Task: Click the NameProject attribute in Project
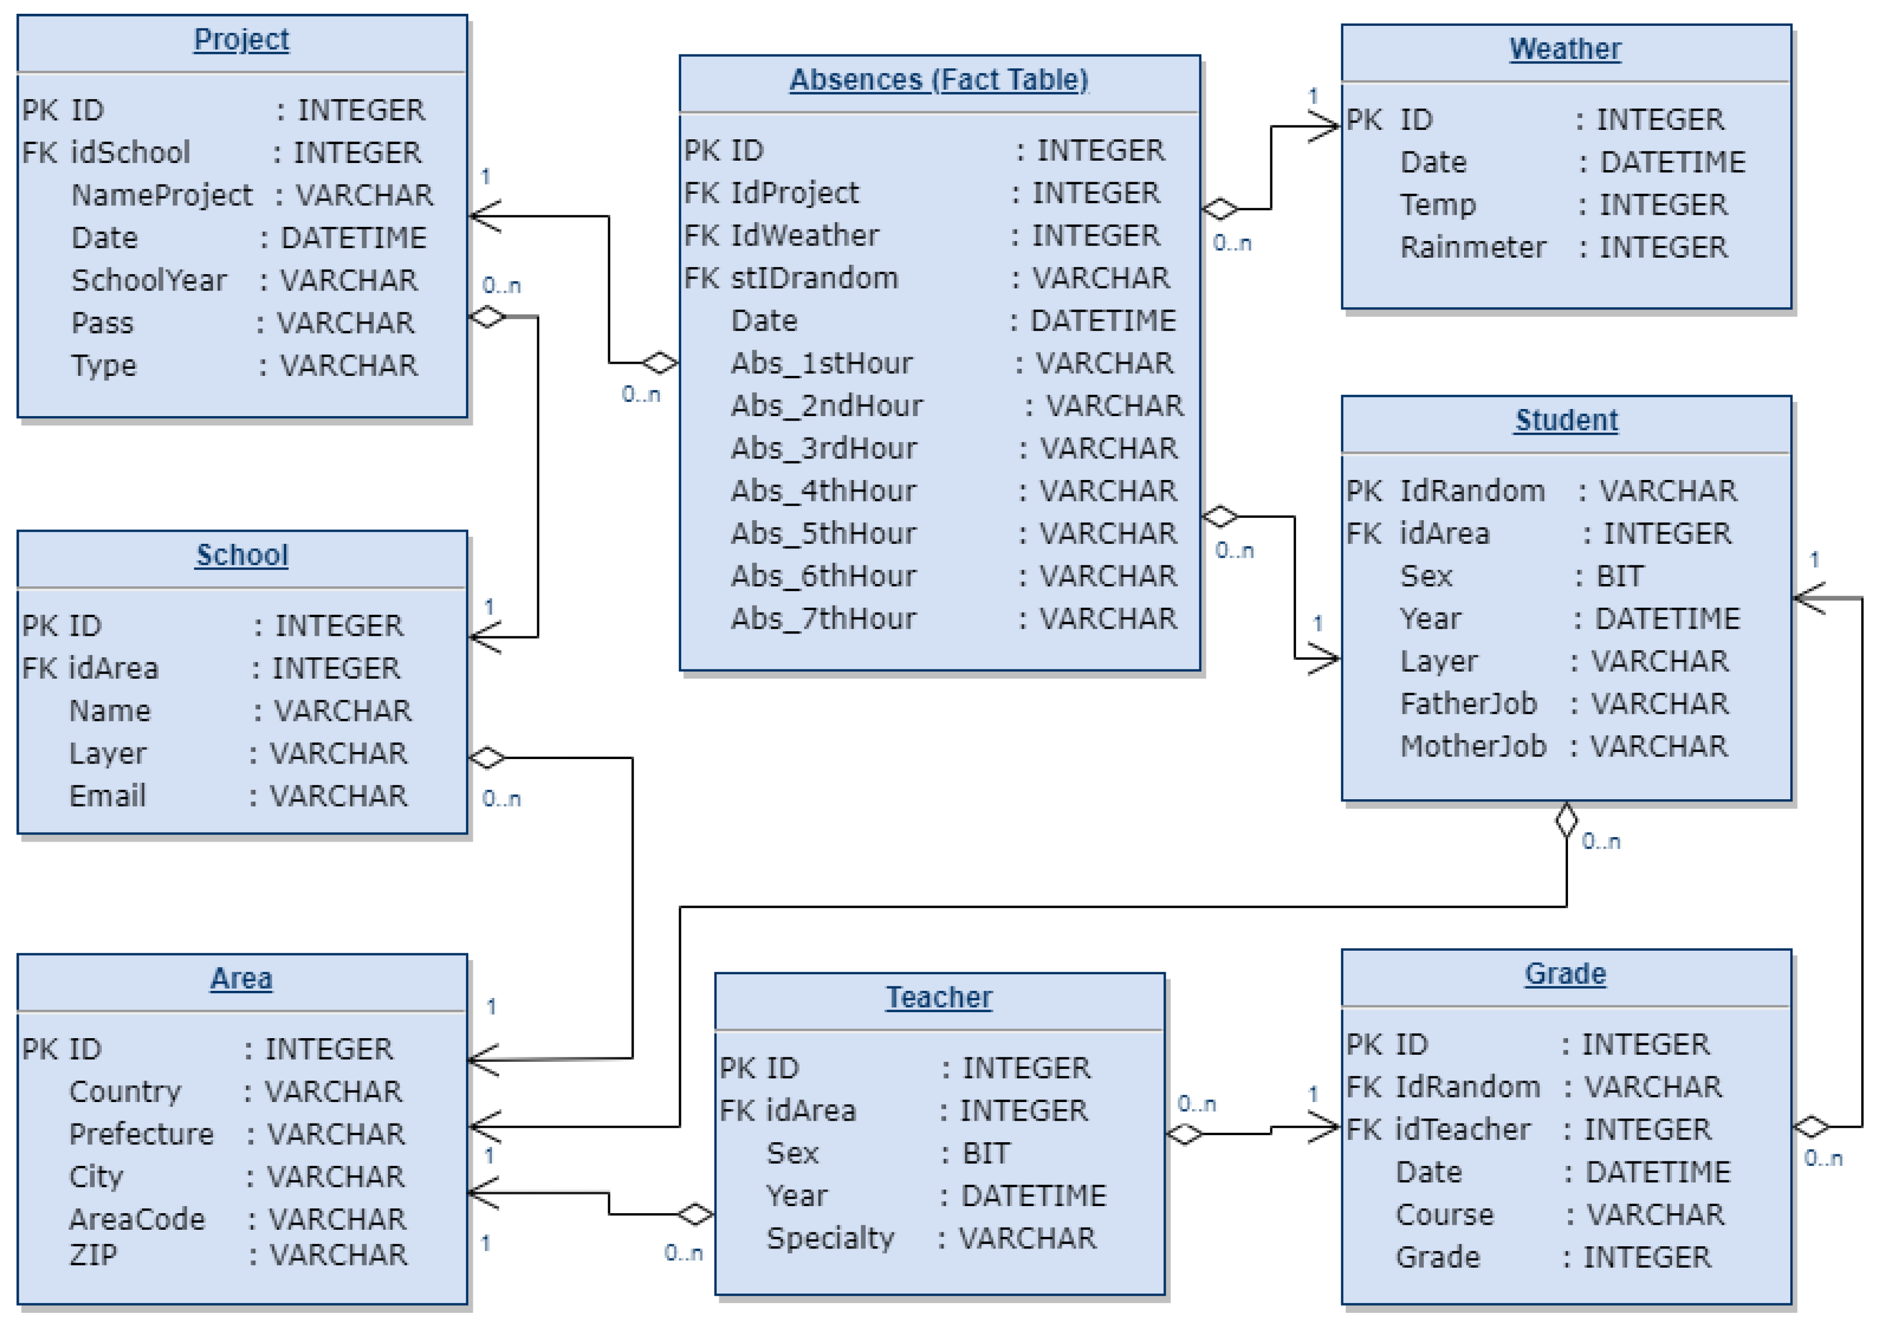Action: tap(162, 195)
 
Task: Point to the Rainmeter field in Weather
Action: tap(1472, 247)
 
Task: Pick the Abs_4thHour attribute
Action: tap(823, 491)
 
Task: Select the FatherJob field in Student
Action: tap(1467, 703)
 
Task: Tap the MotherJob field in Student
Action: tap(1472, 746)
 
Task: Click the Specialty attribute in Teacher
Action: tap(829, 1238)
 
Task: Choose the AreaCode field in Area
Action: tap(136, 1219)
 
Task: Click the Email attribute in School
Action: tap(107, 795)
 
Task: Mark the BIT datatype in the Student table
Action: tap(1619, 576)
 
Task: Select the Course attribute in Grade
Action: tap(1444, 1215)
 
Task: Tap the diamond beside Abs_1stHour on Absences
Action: tap(660, 362)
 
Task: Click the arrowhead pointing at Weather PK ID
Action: tap(1325, 127)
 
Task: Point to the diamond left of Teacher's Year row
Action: tap(695, 1214)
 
